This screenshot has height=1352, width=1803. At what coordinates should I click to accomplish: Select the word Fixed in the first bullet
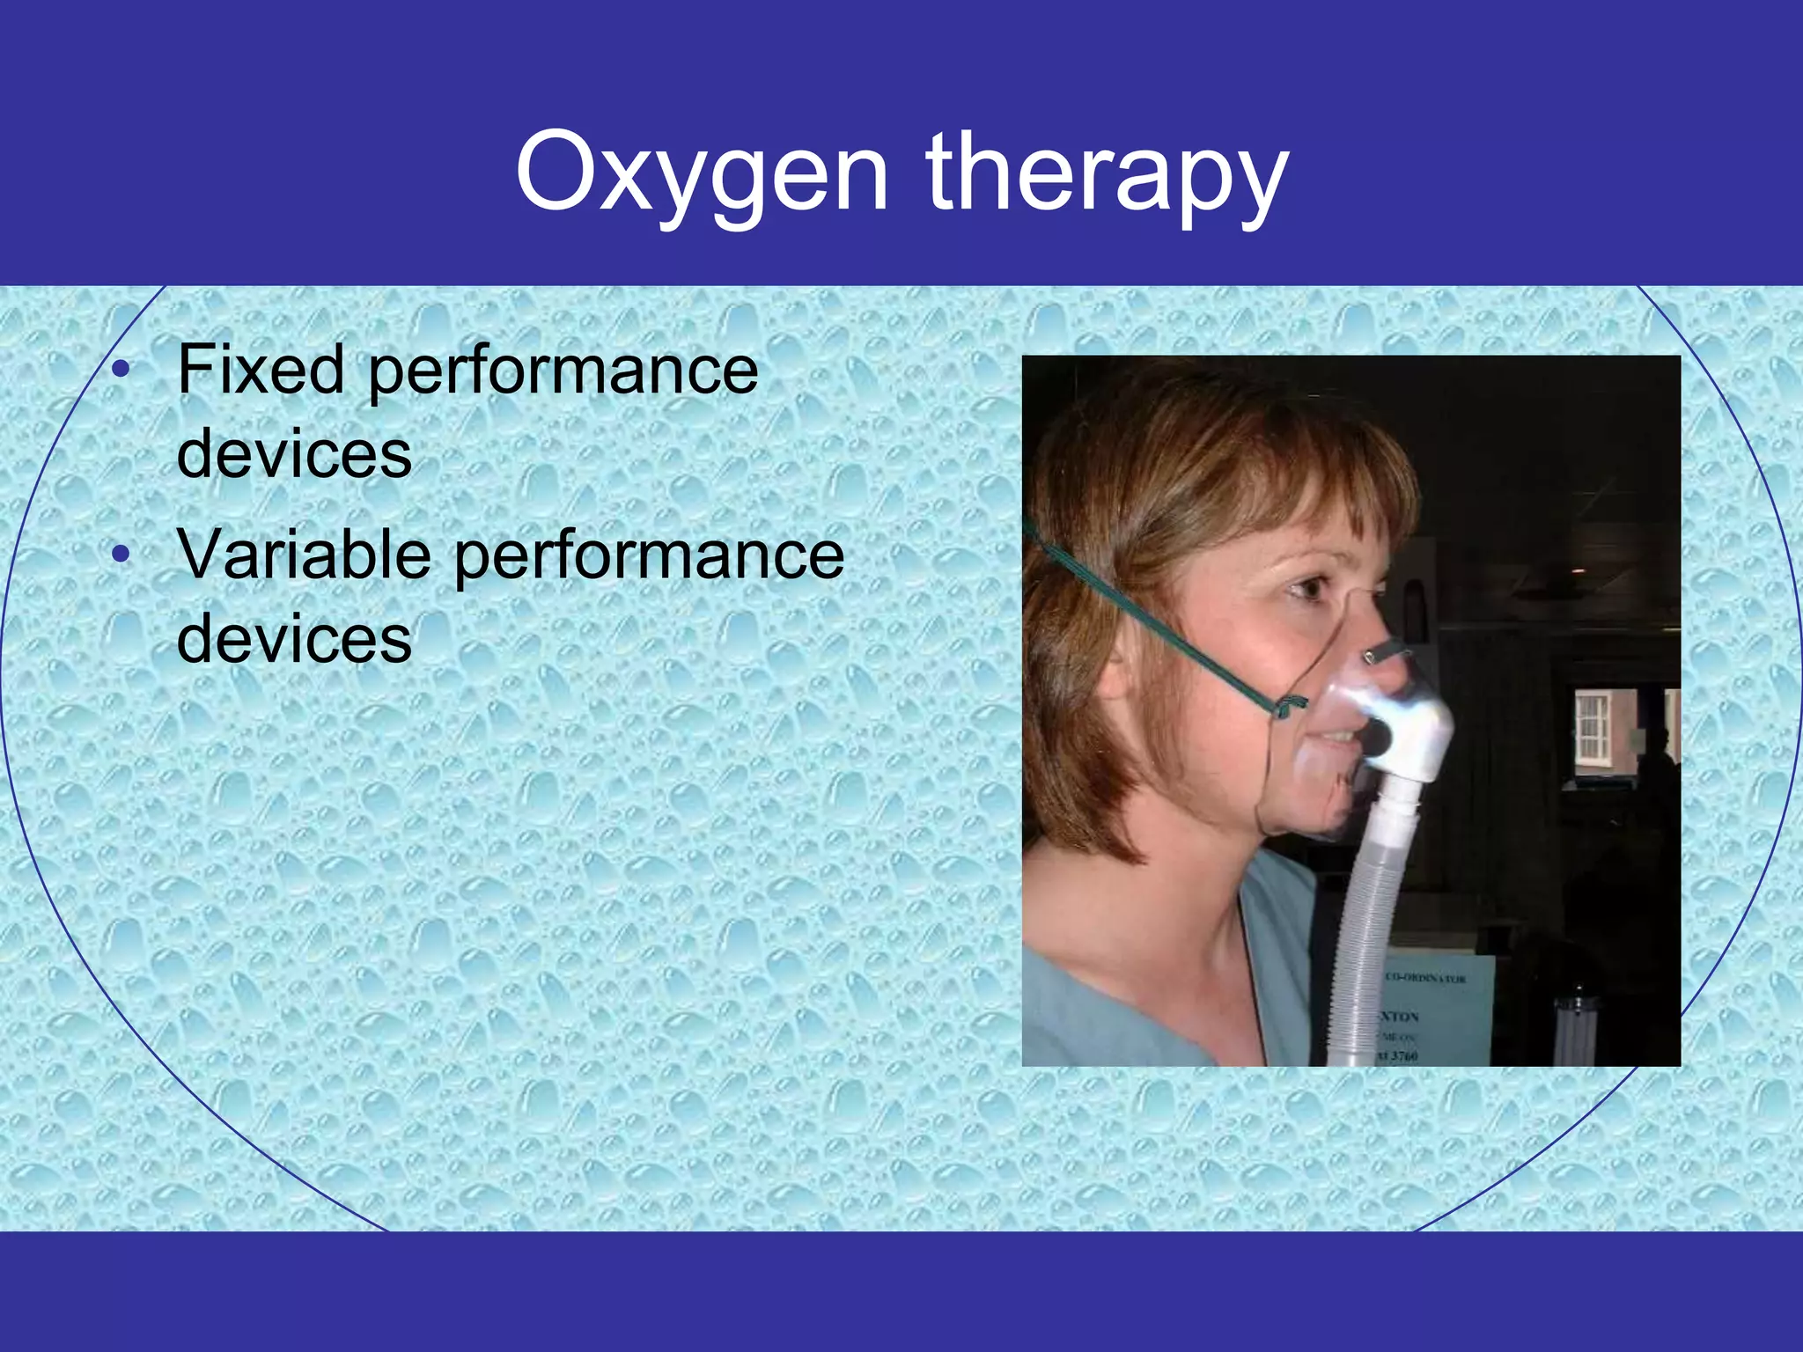[261, 370]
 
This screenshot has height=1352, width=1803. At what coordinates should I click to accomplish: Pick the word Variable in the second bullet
[304, 555]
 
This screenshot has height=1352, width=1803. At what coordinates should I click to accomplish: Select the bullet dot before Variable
[122, 555]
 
